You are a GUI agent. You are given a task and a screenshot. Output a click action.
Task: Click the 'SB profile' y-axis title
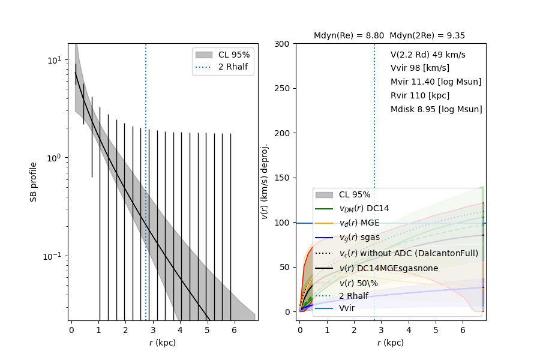coord(34,182)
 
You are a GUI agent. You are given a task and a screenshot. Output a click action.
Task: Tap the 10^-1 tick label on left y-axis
coord(52,256)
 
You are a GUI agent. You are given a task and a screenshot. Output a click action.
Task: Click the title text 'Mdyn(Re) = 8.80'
coord(349,36)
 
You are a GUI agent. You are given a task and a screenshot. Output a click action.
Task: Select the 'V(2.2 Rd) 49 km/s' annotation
coord(428,55)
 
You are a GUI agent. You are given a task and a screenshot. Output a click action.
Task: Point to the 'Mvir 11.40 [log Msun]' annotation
coord(436,82)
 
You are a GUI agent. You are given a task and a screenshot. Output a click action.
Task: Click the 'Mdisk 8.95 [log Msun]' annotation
coord(436,110)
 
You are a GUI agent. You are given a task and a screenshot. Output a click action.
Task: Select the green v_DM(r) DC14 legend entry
coord(364,209)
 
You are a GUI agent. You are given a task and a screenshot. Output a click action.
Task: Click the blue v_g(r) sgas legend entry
coord(359,238)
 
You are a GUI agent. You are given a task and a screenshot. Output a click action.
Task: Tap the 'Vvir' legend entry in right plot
coord(347,308)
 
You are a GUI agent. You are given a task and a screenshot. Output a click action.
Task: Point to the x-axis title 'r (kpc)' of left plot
coord(163,343)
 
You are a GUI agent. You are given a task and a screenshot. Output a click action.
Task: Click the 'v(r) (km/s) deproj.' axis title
coord(264,182)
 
